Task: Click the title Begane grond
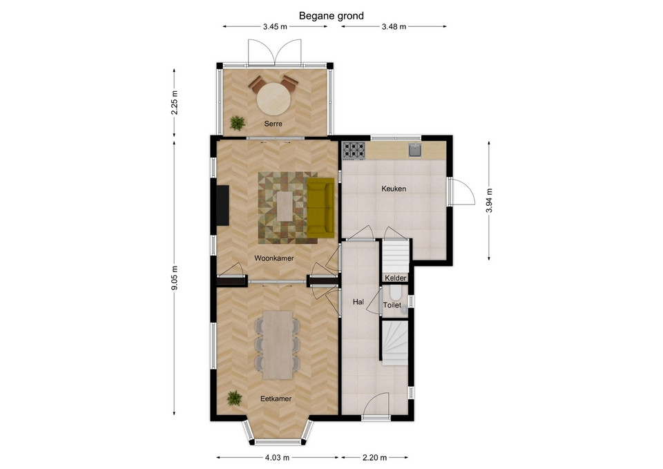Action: [331, 16]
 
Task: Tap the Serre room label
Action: [273, 124]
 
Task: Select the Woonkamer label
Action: [274, 258]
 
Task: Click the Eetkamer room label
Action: [276, 399]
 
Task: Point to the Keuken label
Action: [394, 189]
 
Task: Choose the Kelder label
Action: [396, 278]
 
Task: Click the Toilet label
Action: [392, 305]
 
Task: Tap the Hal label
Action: [358, 302]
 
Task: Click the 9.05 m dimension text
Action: [174, 278]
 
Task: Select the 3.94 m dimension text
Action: [489, 200]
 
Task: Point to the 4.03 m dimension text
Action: [278, 457]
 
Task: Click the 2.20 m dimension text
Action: [374, 457]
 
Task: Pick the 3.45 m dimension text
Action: [275, 27]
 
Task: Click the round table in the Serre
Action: [274, 98]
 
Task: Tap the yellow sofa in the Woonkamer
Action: [320, 208]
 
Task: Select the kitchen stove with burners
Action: [354, 150]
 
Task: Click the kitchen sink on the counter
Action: [415, 150]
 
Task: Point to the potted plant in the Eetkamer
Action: [234, 399]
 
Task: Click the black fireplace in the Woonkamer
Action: [223, 205]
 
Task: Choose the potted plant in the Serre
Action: [237, 123]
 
